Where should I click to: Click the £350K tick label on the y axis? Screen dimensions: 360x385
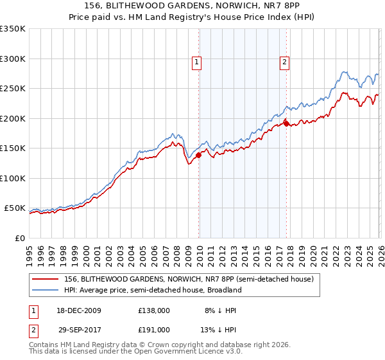click(13, 29)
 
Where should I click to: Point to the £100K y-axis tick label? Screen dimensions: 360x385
click(13, 178)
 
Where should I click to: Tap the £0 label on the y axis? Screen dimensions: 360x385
click(19, 238)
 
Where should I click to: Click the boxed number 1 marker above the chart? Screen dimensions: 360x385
click(196, 62)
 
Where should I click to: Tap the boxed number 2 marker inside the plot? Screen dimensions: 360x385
click(284, 62)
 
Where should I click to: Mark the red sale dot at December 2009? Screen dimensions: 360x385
click(199, 155)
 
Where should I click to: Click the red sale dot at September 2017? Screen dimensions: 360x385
click(286, 123)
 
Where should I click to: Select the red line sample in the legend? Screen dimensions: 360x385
click(45, 279)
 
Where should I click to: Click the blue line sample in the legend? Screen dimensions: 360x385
click(45, 290)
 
